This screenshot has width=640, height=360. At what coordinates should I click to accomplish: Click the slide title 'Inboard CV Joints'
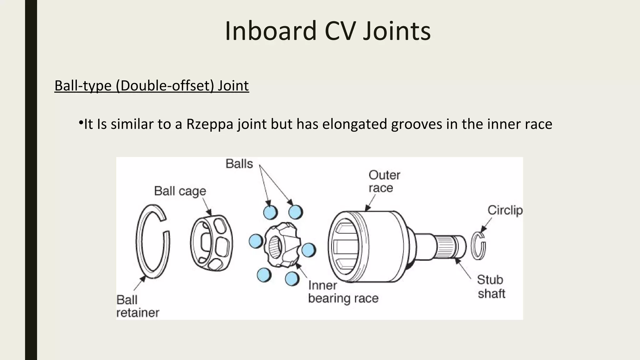tap(327, 31)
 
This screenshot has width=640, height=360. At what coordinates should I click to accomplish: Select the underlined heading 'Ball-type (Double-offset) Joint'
tap(152, 86)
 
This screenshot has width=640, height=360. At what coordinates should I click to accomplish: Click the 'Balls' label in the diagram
tap(239, 164)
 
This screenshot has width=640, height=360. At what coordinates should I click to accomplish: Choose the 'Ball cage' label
tap(180, 191)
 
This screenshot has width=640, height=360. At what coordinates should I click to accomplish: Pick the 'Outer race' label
tap(384, 181)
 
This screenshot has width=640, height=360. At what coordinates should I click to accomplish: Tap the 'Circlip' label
tap(505, 210)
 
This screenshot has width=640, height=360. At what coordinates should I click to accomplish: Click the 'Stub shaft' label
tap(491, 287)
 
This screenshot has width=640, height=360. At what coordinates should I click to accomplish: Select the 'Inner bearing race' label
tap(343, 292)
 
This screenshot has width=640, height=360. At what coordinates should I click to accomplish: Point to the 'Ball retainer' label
tap(137, 306)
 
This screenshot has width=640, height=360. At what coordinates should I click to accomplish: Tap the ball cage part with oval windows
tap(212, 242)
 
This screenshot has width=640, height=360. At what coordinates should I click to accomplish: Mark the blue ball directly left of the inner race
tap(256, 241)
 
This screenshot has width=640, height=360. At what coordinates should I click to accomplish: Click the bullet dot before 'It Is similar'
tap(80, 122)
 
